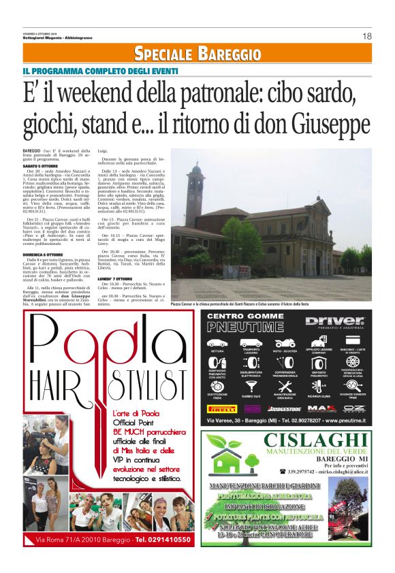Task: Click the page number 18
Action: pyautogui.click(x=366, y=36)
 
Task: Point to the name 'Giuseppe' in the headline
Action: pyautogui.click(x=332, y=123)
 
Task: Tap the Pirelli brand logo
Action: pyautogui.click(x=222, y=409)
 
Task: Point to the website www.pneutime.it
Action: pyautogui.click(x=343, y=421)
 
